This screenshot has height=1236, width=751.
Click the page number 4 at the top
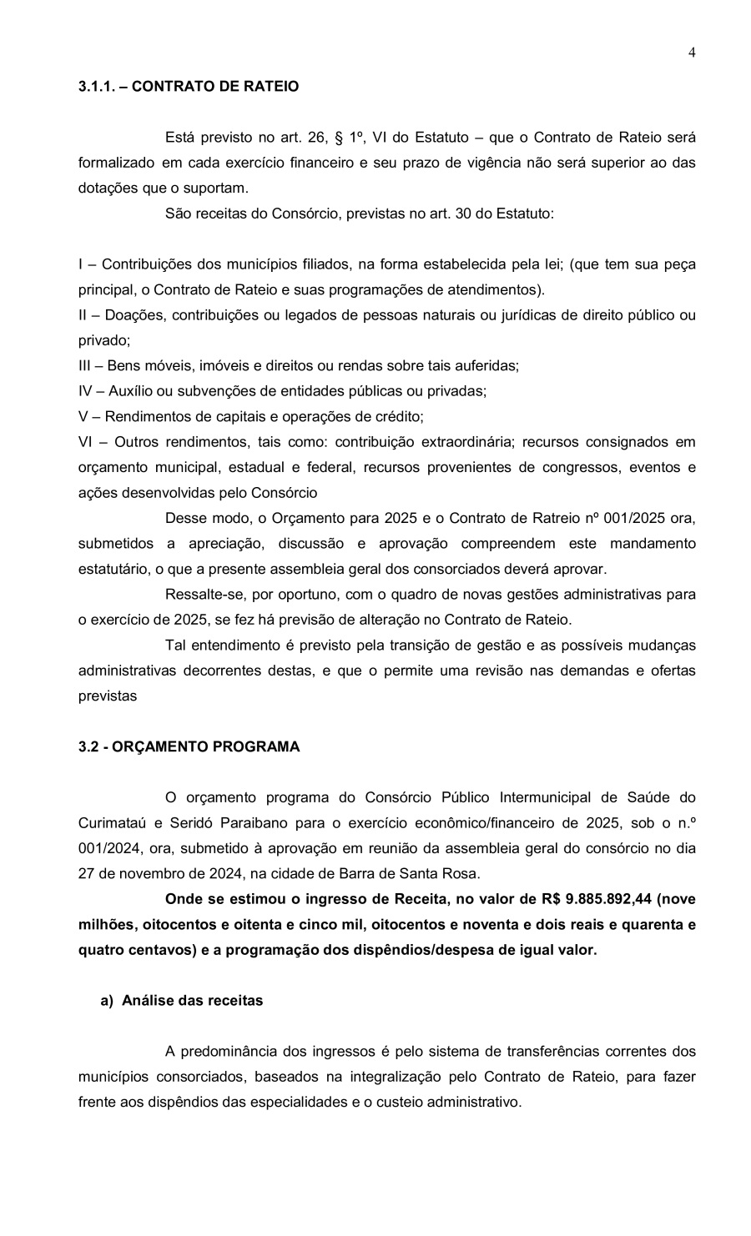[692, 53]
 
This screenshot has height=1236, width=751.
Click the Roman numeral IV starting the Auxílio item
[86, 390]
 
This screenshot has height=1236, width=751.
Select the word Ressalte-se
[203, 595]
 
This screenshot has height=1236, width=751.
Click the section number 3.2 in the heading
[88, 746]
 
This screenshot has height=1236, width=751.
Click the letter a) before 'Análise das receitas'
[107, 1000]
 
